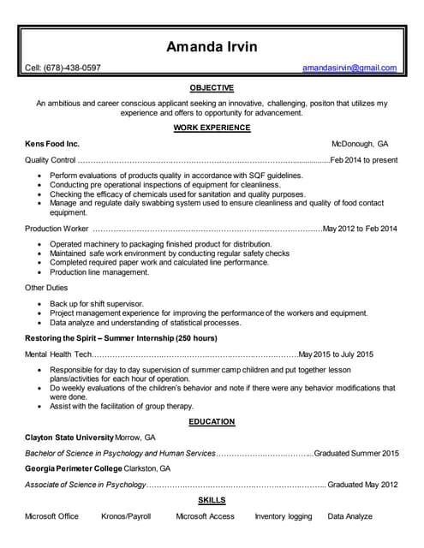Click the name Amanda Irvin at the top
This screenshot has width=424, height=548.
click(212, 46)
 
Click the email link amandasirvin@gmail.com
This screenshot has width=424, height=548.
click(349, 68)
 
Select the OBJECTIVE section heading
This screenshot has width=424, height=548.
click(212, 87)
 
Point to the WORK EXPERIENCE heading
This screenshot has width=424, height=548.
click(212, 128)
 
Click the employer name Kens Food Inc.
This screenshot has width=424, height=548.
click(52, 144)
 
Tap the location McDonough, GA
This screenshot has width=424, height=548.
click(360, 144)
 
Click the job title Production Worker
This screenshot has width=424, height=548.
click(57, 229)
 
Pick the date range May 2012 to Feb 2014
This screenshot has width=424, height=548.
click(361, 229)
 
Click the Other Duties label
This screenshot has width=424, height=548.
click(46, 288)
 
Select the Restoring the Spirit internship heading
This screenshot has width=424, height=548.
click(121, 338)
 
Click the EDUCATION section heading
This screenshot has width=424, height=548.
click(212, 421)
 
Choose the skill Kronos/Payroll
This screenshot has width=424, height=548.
click(126, 516)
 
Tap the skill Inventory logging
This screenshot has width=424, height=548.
click(284, 516)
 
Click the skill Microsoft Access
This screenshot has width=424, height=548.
click(205, 516)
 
